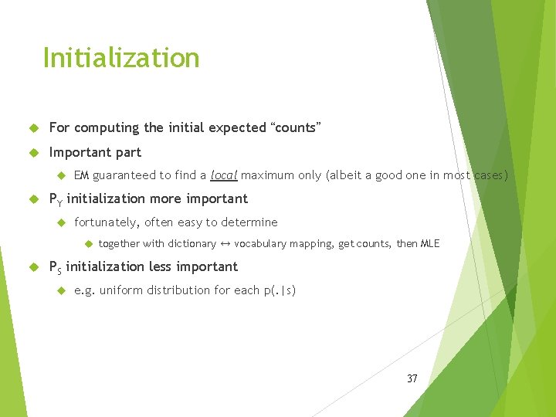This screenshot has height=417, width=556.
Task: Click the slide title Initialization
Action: (121, 58)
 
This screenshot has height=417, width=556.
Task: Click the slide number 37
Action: (412, 378)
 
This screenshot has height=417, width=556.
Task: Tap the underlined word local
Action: (224, 175)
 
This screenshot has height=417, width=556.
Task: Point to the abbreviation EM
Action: (82, 175)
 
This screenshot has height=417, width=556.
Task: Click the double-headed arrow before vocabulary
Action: (225, 244)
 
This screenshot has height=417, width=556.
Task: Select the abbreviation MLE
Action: (429, 244)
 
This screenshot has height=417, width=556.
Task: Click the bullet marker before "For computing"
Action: (33, 128)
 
